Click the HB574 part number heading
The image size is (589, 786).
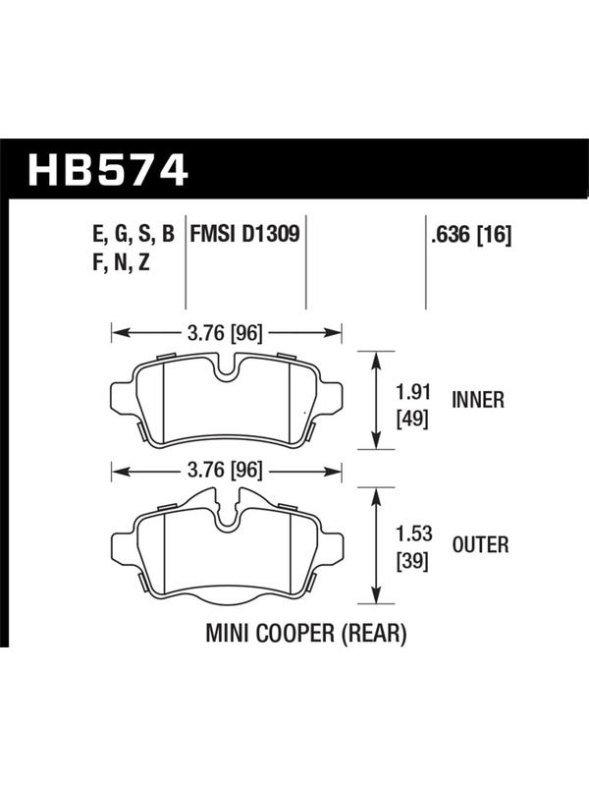(108, 170)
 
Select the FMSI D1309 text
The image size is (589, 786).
(244, 234)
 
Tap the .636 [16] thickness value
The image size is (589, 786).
(471, 235)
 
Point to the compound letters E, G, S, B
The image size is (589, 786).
(134, 235)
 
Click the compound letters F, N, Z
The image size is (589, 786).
(121, 262)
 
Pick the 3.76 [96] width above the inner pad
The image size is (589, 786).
(225, 333)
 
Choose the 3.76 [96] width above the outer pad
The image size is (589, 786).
(225, 471)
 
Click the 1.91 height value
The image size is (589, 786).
(413, 392)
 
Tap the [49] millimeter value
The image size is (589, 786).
(412, 419)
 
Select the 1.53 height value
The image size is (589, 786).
(413, 533)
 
